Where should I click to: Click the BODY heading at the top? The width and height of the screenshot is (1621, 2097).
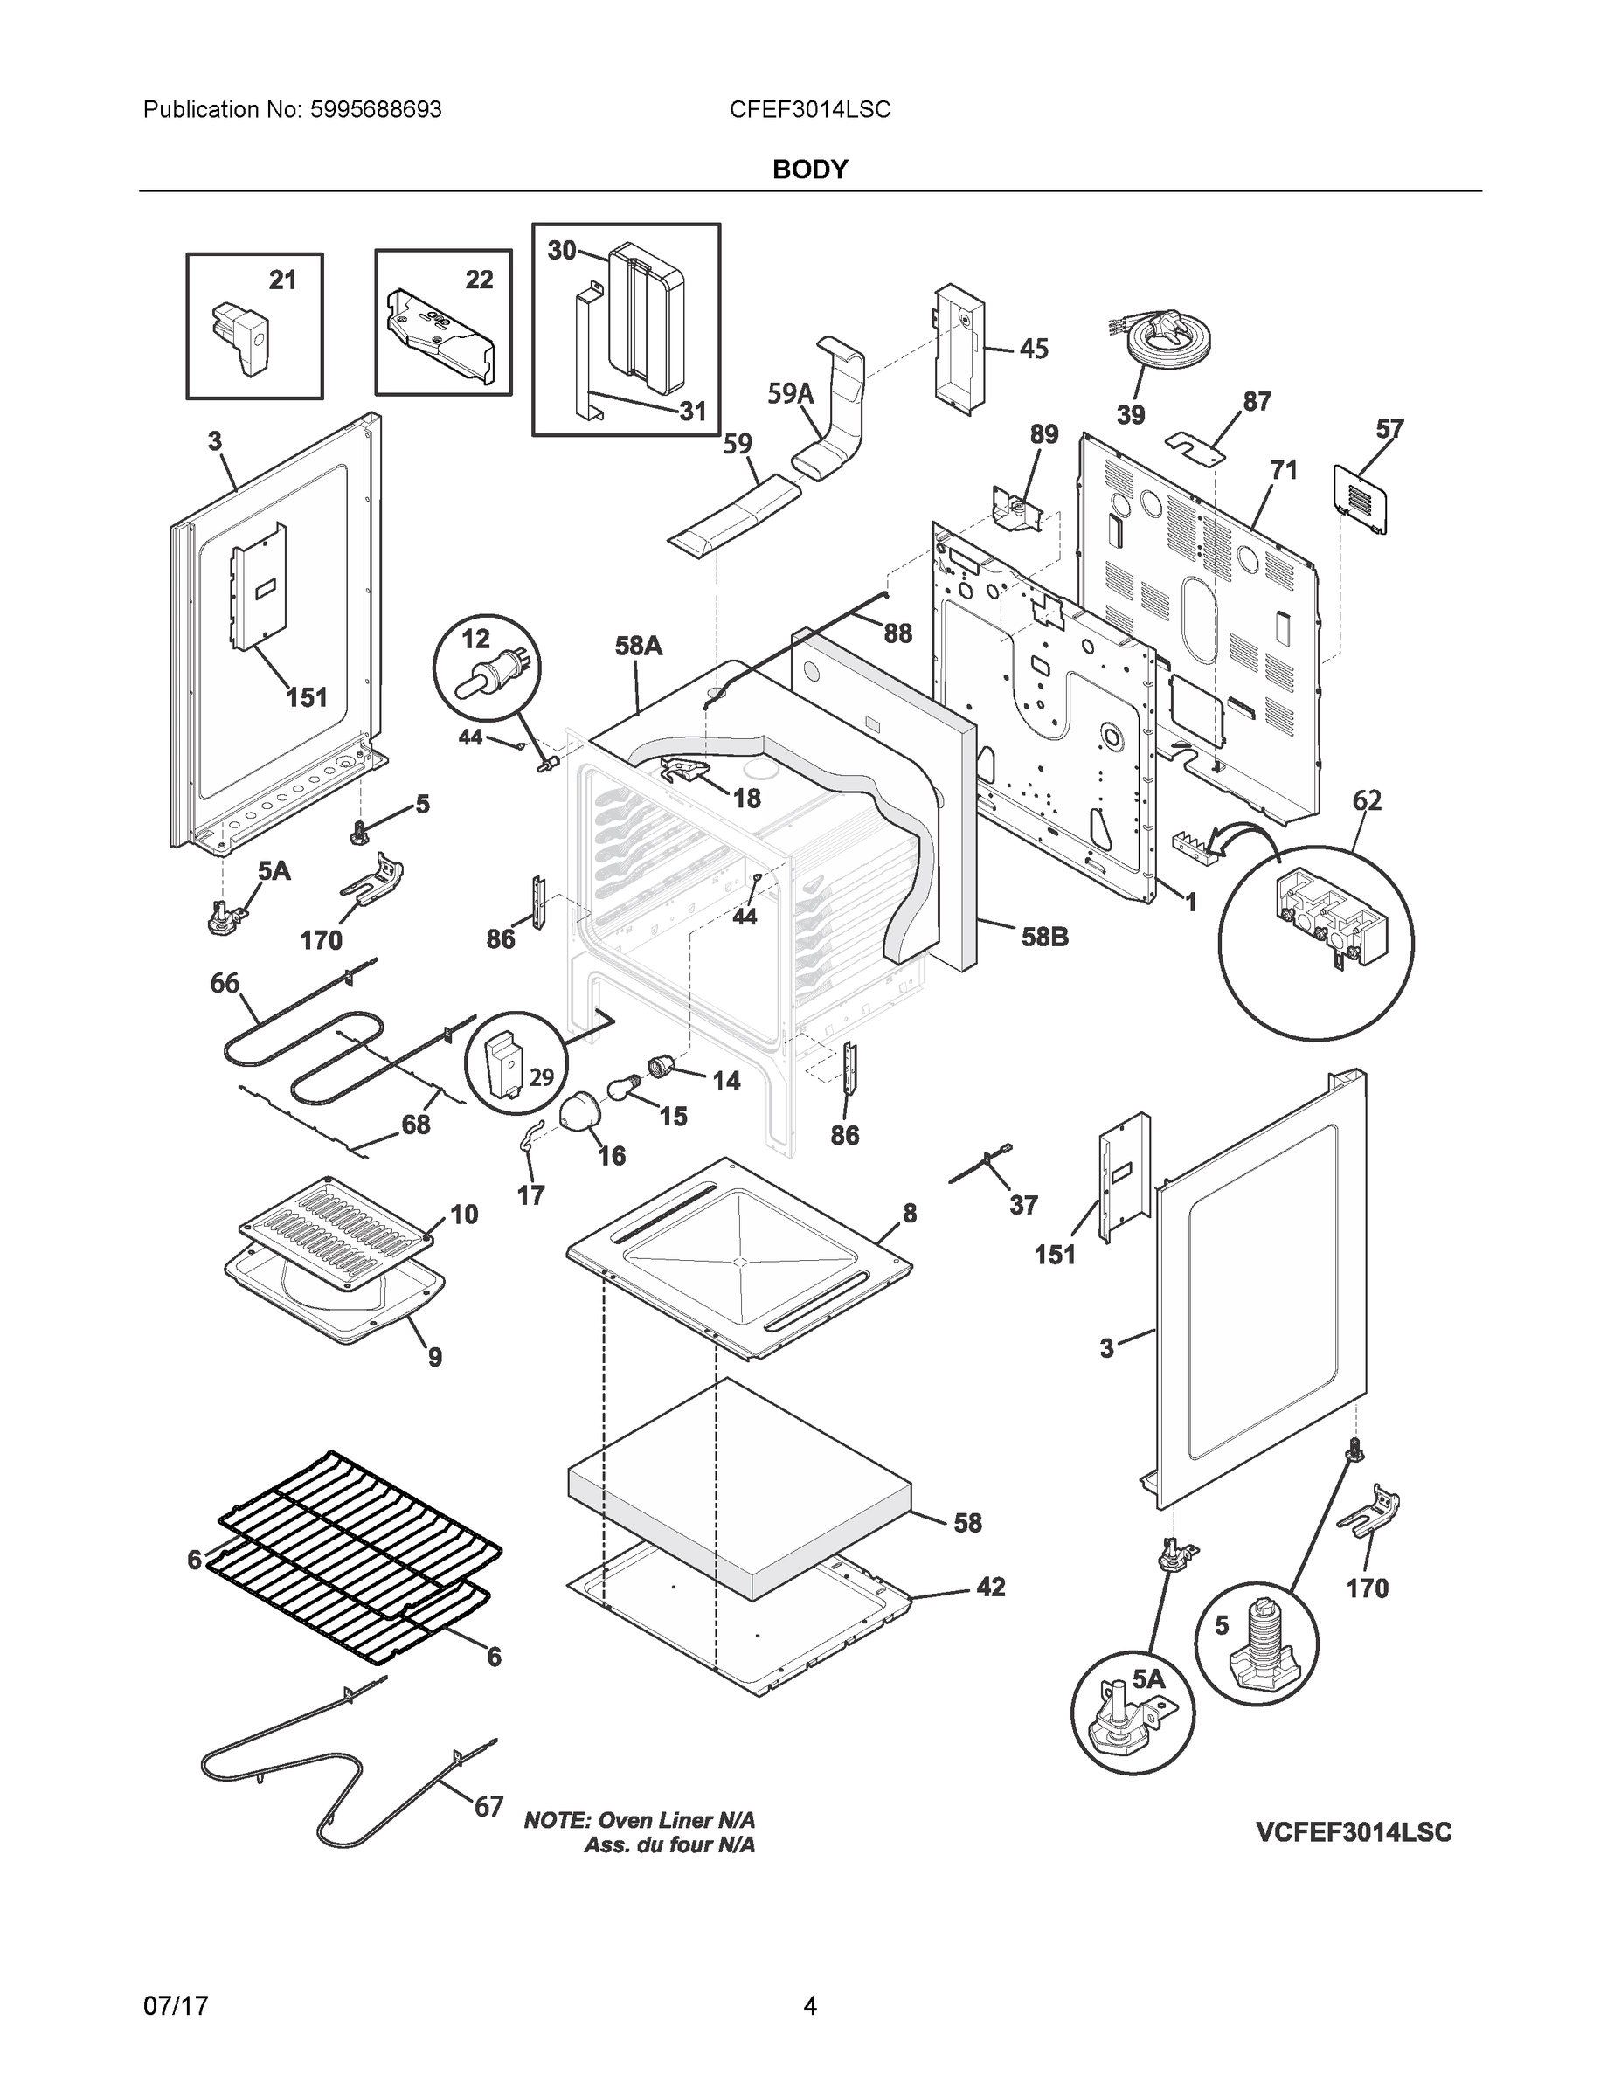tap(809, 170)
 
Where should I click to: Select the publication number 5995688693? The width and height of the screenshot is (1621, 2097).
tap(376, 110)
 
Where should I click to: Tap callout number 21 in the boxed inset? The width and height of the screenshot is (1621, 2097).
tap(282, 280)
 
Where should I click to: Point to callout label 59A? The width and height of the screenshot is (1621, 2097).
tap(789, 394)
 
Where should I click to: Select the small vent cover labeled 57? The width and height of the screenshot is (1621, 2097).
tap(1360, 497)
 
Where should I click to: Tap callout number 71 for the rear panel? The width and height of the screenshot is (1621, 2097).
tap(1283, 470)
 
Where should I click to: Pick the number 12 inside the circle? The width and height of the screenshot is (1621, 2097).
tap(475, 639)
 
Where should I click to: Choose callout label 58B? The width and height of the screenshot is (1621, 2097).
tap(1044, 936)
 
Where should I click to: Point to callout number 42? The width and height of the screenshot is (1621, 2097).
tap(990, 1587)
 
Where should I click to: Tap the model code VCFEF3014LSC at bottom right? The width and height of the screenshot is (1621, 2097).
tap(1353, 1832)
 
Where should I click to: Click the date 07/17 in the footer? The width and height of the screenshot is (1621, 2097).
tap(176, 2005)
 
